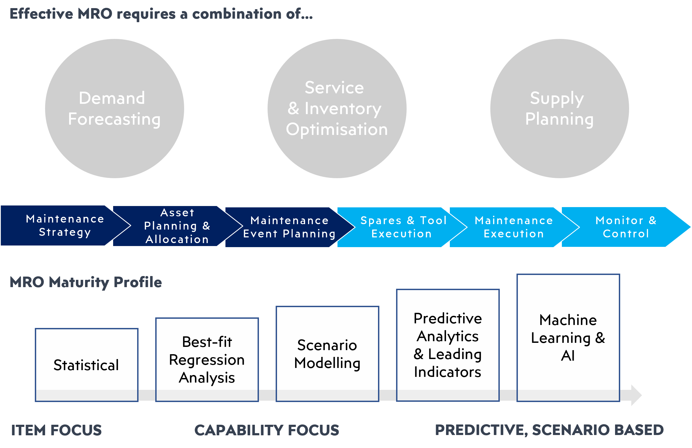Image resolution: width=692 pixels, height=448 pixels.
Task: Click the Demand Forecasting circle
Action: pos(114,108)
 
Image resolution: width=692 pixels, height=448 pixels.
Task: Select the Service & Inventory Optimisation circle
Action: pos(337,108)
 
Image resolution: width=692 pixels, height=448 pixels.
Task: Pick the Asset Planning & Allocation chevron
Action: pos(177,226)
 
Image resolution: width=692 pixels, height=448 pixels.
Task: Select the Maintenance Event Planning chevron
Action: pos(289,227)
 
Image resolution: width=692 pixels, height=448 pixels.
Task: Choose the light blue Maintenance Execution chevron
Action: pos(514,227)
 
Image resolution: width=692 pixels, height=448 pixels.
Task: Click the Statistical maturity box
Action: pos(87,365)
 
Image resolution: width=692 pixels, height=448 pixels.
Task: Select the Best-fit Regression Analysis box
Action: pos(207,360)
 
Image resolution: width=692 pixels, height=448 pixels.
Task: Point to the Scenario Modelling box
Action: pos(328,354)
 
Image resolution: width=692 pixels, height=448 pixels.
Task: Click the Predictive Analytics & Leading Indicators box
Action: pos(448,345)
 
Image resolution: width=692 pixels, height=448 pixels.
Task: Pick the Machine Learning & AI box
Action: pos(568,337)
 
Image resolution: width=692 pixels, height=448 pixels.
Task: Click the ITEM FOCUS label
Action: pos(56,430)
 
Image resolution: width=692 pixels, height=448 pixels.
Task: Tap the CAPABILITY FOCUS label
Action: pos(267,430)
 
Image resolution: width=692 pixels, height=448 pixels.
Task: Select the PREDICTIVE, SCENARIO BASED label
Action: pos(549,430)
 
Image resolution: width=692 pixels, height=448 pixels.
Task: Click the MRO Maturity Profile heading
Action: pos(86,282)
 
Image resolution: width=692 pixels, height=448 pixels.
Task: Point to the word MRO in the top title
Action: pos(95,14)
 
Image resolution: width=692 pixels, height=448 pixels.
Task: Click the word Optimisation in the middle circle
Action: pos(337,129)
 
